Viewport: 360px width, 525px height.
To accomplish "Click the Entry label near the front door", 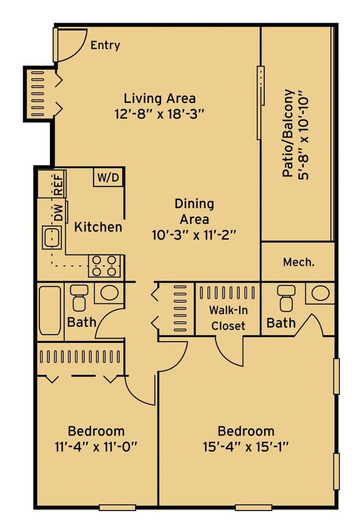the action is coord(105,45).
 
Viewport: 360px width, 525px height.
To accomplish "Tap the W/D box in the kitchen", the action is coord(108,177).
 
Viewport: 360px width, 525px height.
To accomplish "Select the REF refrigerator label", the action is coord(59,185).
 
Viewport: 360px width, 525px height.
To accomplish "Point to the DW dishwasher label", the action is coord(59,213).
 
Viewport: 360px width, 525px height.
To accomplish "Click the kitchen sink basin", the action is coord(52,237).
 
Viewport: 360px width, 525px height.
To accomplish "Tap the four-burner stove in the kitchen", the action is coord(104,266).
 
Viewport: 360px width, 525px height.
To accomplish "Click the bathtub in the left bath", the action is coord(50,310).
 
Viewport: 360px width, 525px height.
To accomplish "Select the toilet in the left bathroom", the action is coord(79,297).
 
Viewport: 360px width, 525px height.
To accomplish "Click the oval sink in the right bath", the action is coord(321,294).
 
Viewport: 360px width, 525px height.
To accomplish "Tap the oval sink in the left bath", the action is coord(109,294).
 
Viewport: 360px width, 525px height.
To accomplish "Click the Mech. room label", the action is coord(299,262).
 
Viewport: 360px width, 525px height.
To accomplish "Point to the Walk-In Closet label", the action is coord(228,318).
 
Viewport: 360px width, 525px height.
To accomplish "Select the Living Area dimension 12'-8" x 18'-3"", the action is coord(160,115).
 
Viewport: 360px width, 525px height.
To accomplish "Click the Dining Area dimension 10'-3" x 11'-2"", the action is coord(194,235).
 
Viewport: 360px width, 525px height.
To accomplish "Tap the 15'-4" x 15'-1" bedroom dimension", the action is coord(246,447).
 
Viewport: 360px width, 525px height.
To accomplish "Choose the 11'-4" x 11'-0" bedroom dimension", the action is coord(96,447).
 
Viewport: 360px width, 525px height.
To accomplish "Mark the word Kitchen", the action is coord(98,227).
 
